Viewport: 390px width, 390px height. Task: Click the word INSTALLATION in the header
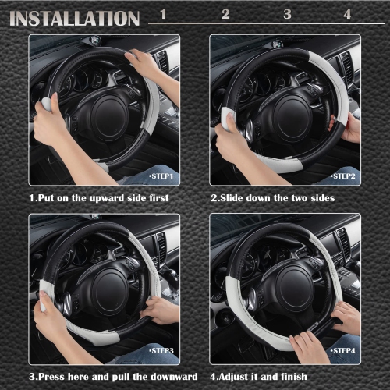(75, 18)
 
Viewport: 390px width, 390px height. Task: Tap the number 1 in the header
(163, 14)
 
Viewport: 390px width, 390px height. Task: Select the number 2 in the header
(225, 14)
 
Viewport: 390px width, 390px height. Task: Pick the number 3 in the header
(287, 14)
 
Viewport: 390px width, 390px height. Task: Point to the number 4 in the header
(347, 14)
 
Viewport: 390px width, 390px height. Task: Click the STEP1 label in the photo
(162, 177)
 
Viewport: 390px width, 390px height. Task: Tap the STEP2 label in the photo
(343, 177)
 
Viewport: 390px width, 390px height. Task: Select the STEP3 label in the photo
(162, 352)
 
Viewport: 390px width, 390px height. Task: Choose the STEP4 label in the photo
(343, 352)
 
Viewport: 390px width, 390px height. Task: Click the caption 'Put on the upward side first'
(98, 198)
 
